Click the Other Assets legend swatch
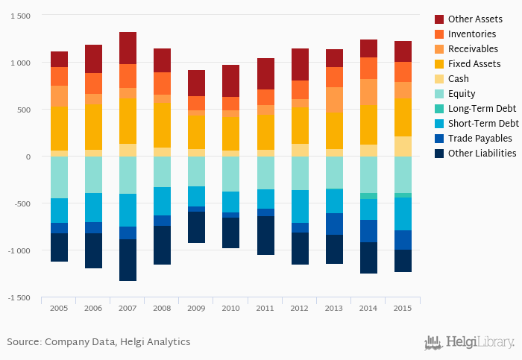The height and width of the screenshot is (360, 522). pos(440,19)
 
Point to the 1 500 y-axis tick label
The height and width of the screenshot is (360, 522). pos(19,16)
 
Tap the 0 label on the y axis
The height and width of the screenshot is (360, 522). pos(28,157)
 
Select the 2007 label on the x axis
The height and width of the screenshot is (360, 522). pos(128,307)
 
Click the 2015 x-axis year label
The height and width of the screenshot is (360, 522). pos(403,307)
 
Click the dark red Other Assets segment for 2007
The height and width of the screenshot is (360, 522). pos(128,48)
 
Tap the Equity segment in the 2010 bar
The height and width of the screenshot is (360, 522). pos(231,174)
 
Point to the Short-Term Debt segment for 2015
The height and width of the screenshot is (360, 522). pos(403,214)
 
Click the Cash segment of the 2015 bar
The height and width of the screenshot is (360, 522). pos(403,146)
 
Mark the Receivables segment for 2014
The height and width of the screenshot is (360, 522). pos(368,92)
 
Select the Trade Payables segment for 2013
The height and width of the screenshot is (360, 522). pos(334,224)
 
